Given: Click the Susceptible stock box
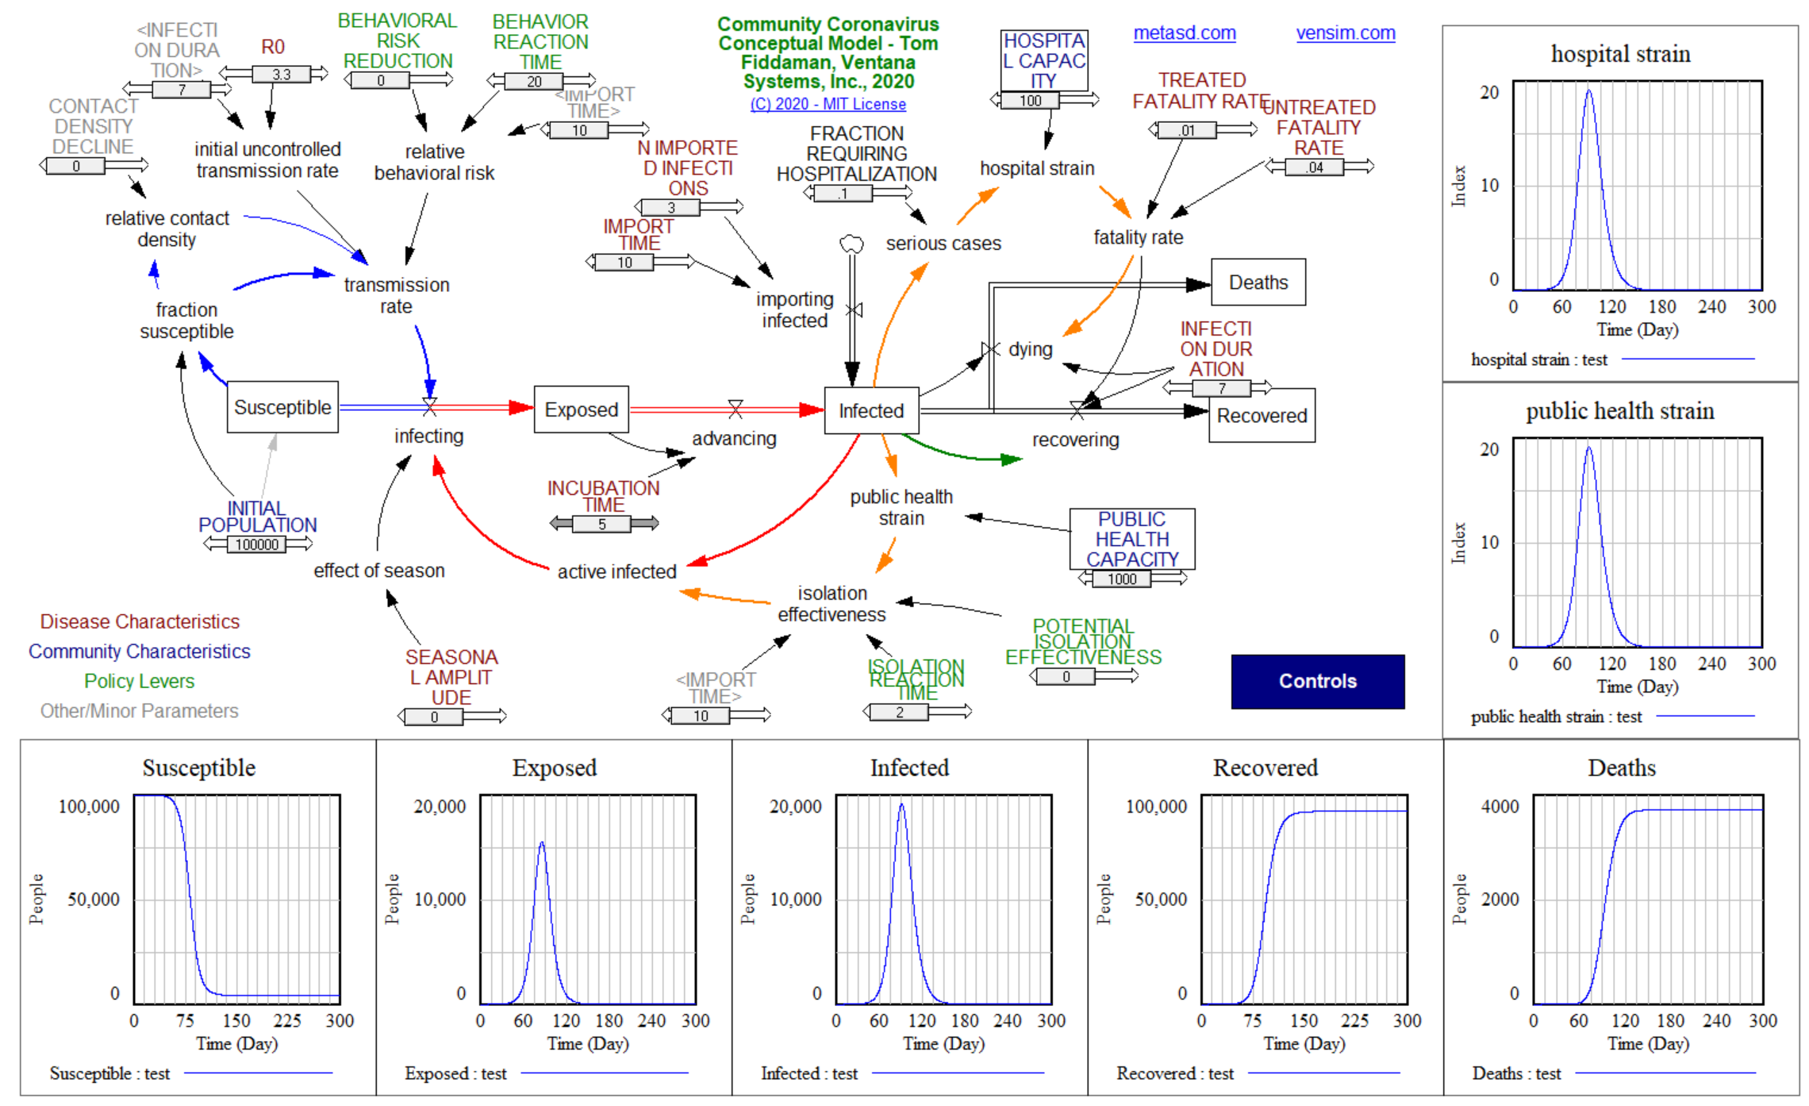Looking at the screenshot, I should click(282, 407).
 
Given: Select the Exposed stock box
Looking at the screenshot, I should click(581, 409).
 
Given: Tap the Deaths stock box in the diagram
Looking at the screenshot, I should click(1258, 282).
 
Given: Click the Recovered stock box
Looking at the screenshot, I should click(1262, 416).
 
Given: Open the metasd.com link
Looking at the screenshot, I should click(1184, 33).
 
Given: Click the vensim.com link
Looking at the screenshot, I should click(1345, 33).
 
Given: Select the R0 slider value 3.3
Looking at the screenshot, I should click(281, 75).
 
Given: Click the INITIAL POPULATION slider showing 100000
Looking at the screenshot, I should click(257, 544).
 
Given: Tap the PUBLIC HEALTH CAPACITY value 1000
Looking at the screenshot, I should click(1122, 579).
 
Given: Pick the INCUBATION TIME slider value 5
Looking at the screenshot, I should click(602, 524).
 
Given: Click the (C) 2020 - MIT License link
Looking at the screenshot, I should click(828, 104).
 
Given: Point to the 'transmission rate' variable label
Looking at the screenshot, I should click(396, 295).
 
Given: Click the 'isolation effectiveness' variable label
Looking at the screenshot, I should click(832, 604).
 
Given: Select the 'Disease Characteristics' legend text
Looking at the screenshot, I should click(140, 621).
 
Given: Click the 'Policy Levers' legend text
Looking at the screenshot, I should click(139, 681).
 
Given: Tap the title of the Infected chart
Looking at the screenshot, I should click(909, 767).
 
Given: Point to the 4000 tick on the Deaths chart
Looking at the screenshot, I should click(1500, 806).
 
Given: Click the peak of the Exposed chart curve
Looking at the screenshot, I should click(542, 843).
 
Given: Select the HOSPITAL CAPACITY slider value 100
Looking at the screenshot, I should click(1030, 101).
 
